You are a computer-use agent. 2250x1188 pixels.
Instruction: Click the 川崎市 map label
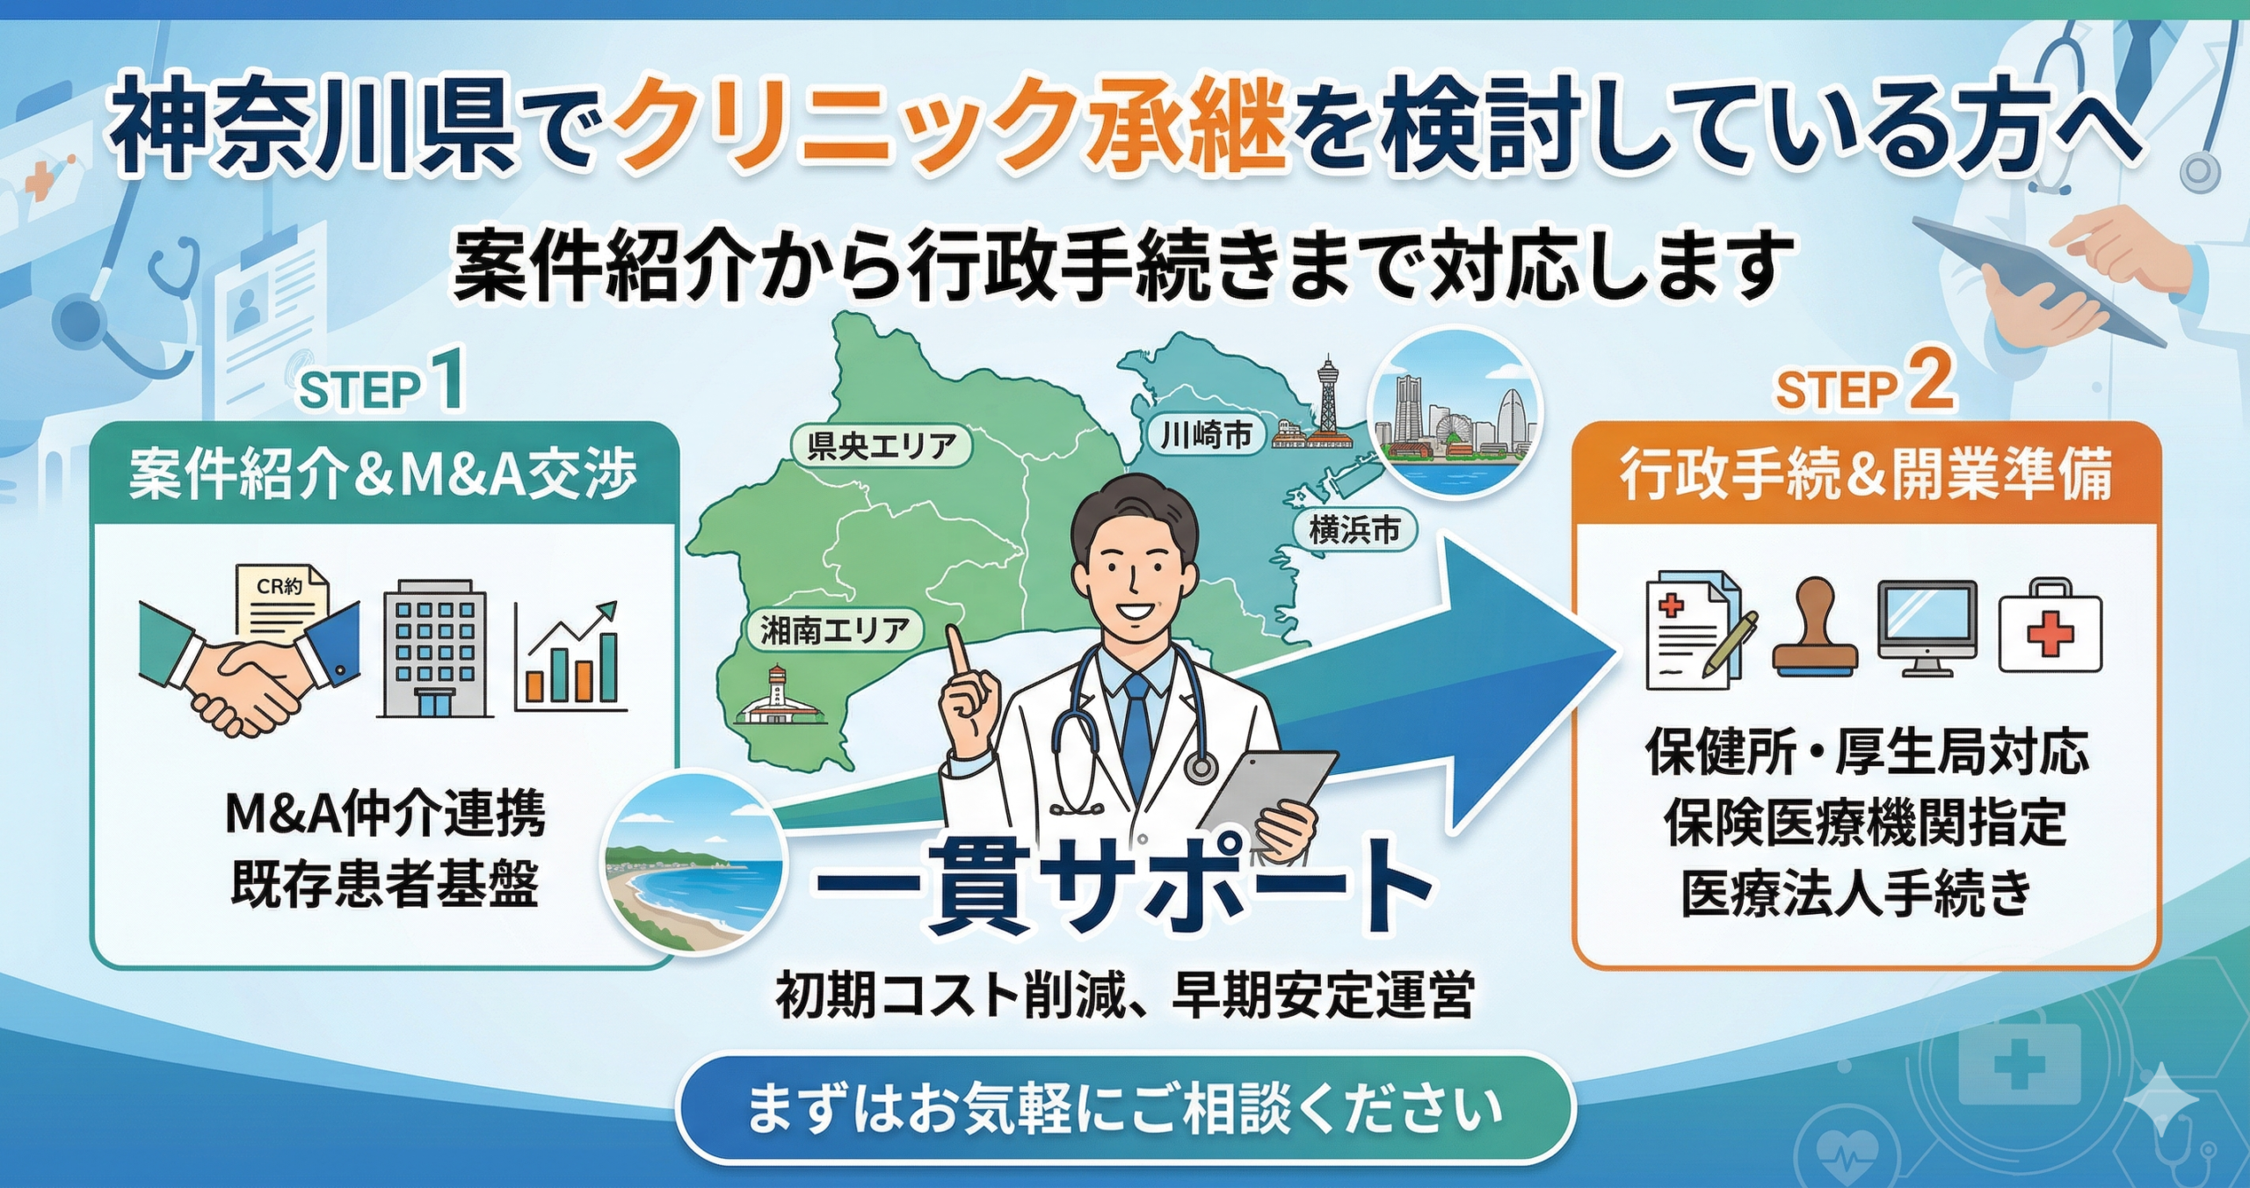1206,435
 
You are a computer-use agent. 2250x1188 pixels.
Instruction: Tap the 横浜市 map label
1354,530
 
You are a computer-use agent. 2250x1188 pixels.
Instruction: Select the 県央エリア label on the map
881,446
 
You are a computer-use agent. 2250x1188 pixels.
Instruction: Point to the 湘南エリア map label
833,630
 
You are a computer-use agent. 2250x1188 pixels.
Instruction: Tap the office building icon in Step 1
435,648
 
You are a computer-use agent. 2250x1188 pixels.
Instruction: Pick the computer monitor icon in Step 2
1927,627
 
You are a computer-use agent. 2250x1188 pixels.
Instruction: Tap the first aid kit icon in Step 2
2050,626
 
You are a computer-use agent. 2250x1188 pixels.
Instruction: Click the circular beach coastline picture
693,861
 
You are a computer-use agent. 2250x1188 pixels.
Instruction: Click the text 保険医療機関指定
1864,823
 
